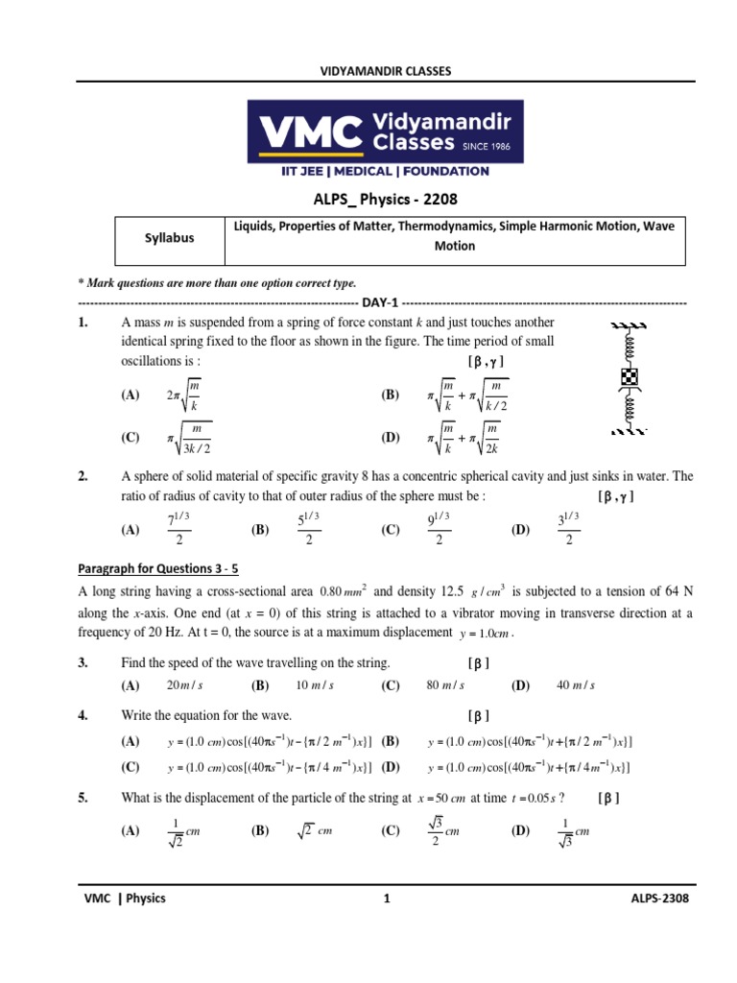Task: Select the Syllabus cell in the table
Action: (168, 237)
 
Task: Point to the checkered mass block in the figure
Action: (630, 376)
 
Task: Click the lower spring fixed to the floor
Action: (630, 410)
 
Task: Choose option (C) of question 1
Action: (130, 438)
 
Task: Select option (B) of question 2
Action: (260, 529)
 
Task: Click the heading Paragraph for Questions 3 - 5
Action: (169, 567)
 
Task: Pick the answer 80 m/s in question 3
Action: (444, 684)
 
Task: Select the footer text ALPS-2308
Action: (656, 899)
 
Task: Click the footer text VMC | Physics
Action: (126, 899)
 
